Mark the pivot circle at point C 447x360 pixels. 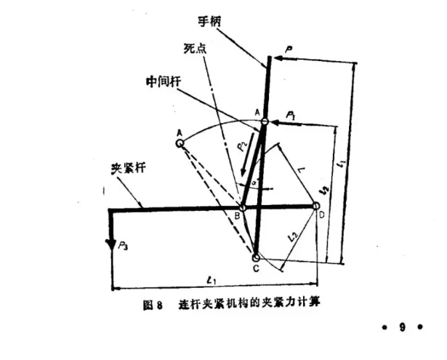coord(256,257)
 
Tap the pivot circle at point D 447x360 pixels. coord(317,207)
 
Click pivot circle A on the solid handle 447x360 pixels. coord(265,123)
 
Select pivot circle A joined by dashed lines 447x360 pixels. coord(180,143)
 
